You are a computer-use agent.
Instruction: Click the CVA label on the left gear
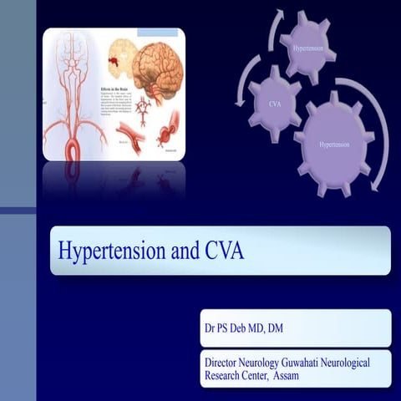274,105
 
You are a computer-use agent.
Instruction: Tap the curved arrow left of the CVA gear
243,92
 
